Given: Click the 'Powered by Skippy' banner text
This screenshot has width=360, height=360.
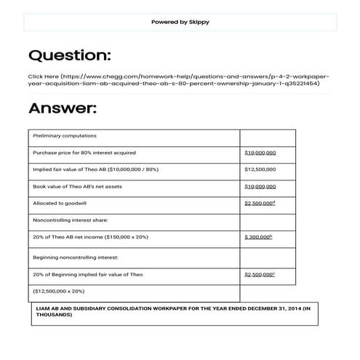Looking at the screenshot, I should click(180, 22).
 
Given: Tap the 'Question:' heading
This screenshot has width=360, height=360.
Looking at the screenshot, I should click(69, 55).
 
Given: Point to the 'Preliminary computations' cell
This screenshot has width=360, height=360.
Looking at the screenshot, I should click(65, 136).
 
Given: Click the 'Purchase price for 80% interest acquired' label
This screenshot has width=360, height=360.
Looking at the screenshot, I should click(84, 153).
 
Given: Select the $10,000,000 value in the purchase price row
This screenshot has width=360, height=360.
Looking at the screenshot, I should click(260, 153).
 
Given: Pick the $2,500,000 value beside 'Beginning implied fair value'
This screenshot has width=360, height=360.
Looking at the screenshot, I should click(260, 274).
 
